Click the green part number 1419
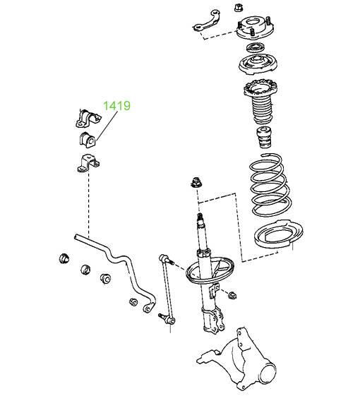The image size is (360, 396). point(117,106)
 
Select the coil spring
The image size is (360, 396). point(270,185)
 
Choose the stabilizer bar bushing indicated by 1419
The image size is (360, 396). point(88,140)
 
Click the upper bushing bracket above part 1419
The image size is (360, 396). point(88,118)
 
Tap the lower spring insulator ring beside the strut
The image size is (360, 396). point(279,235)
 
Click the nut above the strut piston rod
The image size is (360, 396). point(196,182)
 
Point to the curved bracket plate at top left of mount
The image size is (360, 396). point(207,21)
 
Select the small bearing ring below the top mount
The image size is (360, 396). point(256,47)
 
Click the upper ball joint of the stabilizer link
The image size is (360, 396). point(165,259)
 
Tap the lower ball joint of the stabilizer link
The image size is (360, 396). point(168,319)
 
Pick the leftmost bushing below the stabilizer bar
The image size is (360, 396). point(64,258)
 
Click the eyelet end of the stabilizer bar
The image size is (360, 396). point(148,308)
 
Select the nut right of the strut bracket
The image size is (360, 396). point(232,295)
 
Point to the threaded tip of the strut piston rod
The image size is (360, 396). point(200,217)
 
